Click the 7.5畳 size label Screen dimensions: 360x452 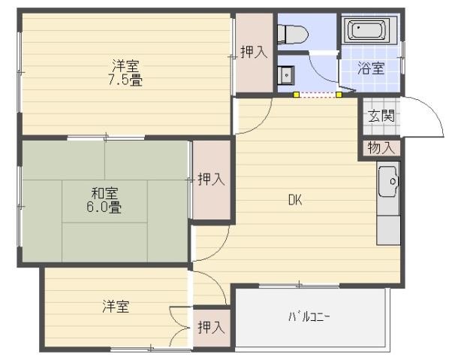(125, 79)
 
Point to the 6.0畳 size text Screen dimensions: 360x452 (104, 207)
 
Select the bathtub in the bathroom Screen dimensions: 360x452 (366, 31)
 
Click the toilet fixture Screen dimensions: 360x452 (291, 34)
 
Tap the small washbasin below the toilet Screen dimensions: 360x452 (285, 75)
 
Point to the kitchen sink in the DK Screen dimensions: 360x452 (388, 183)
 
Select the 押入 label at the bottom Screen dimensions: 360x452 (211, 327)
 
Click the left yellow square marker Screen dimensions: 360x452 (297, 95)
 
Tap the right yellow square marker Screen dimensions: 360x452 (339, 95)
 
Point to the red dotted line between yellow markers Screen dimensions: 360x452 (318, 95)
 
